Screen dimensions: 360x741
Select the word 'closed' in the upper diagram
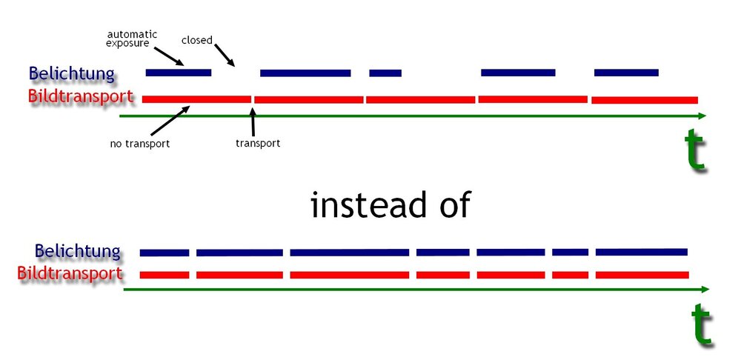(x=197, y=40)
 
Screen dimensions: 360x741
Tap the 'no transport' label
(x=140, y=143)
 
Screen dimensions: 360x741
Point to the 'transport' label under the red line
(x=258, y=143)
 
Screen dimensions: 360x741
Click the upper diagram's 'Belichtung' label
(x=73, y=74)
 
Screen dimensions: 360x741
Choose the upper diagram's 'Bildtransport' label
(x=81, y=96)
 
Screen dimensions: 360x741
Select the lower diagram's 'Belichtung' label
(x=78, y=251)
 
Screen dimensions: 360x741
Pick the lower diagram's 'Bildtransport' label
(x=70, y=273)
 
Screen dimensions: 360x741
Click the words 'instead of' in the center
(x=391, y=204)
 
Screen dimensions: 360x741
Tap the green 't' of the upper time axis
(x=695, y=150)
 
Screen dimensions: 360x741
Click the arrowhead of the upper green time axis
(x=702, y=116)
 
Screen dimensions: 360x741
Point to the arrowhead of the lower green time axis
(x=705, y=289)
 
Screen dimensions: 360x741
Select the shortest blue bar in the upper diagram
(x=385, y=73)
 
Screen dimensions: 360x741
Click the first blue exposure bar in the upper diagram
(x=179, y=72)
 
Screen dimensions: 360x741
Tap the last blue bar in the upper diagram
(x=626, y=72)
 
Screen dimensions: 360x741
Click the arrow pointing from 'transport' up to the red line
(x=253, y=121)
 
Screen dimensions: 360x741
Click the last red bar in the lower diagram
(x=641, y=275)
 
